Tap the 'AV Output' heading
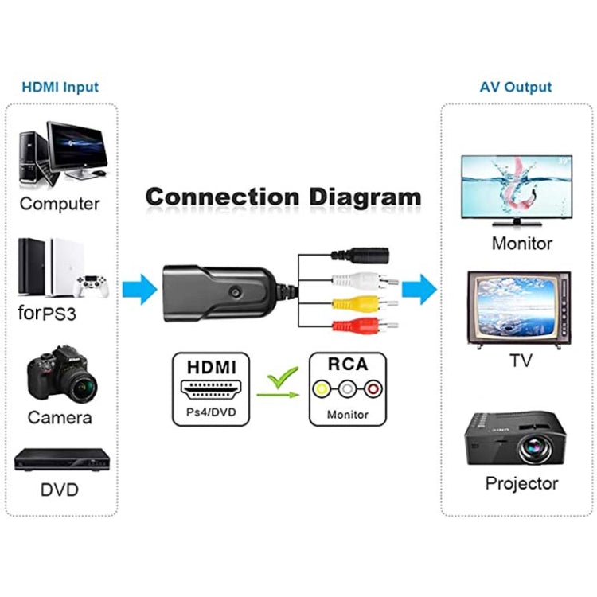(x=515, y=87)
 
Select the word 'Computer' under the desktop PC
(x=60, y=203)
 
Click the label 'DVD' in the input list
(x=60, y=489)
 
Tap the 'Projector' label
(x=521, y=483)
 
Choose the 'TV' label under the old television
(x=521, y=360)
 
